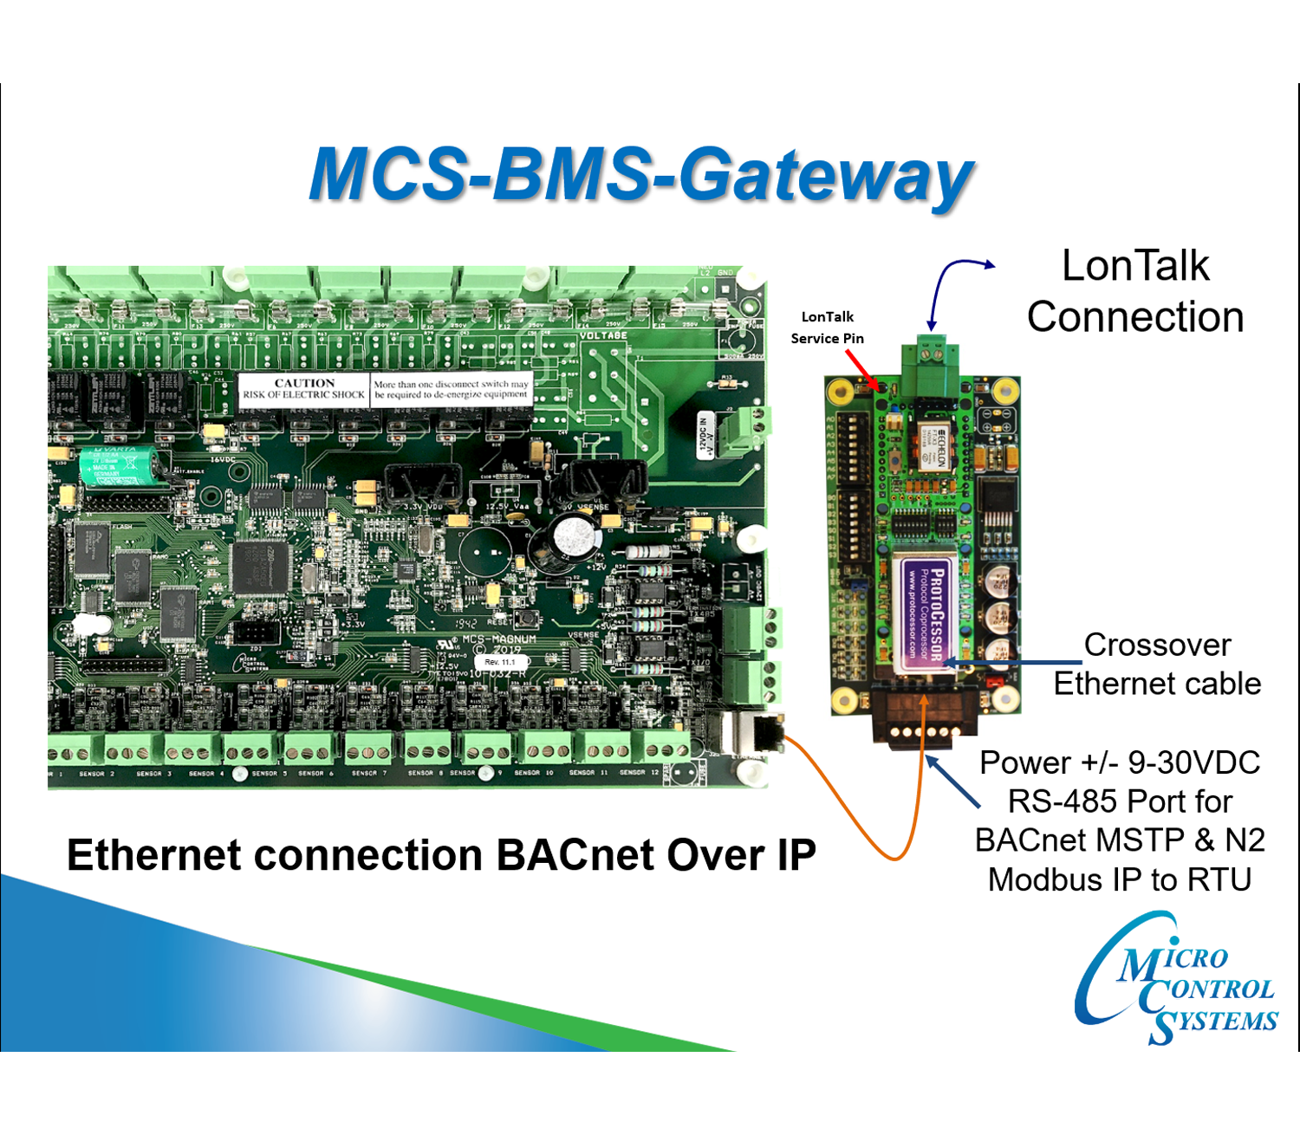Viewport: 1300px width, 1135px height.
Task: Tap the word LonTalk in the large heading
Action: click(1135, 266)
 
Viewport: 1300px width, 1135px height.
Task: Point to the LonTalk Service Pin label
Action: click(827, 328)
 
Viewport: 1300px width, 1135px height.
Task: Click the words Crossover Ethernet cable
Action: click(1157, 664)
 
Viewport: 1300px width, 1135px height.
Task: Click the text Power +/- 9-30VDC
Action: click(1120, 762)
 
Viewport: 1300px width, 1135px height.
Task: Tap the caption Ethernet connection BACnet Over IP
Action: click(441, 855)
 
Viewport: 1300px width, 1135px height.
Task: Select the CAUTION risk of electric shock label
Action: click(304, 389)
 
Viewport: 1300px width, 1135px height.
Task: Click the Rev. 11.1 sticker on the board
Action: click(499, 662)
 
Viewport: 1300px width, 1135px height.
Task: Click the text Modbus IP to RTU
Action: click(1120, 879)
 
